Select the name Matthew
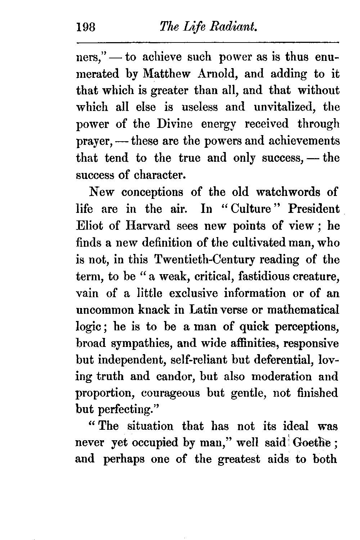(166, 74)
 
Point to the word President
(314, 209)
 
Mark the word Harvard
(149, 226)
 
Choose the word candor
(171, 377)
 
